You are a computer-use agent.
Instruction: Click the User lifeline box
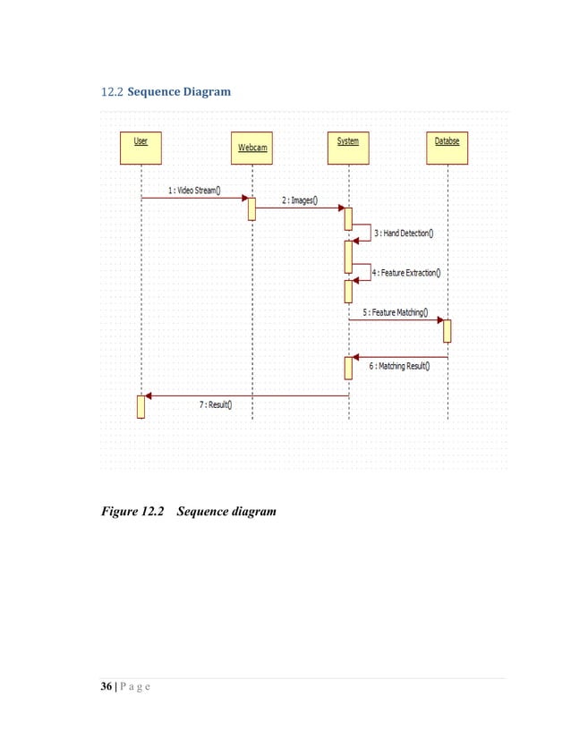coord(141,148)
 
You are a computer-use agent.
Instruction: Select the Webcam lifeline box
coord(252,148)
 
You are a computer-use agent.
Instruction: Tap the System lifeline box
coord(348,148)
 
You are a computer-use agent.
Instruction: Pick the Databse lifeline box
coord(447,148)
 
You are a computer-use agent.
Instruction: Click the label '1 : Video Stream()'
coord(194,191)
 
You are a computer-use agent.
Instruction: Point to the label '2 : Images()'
coord(299,200)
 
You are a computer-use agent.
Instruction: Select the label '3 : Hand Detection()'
coord(403,234)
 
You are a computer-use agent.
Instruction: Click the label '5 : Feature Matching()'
coord(396,313)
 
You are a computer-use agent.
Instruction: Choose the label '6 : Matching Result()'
coord(399,366)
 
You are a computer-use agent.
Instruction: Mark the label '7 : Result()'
coord(216,404)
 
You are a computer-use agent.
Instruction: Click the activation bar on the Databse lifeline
coord(447,330)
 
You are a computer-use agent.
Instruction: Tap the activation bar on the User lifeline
coord(141,405)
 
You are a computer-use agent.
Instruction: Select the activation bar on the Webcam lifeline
coord(252,208)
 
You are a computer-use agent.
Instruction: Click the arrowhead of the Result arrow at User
coord(149,395)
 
